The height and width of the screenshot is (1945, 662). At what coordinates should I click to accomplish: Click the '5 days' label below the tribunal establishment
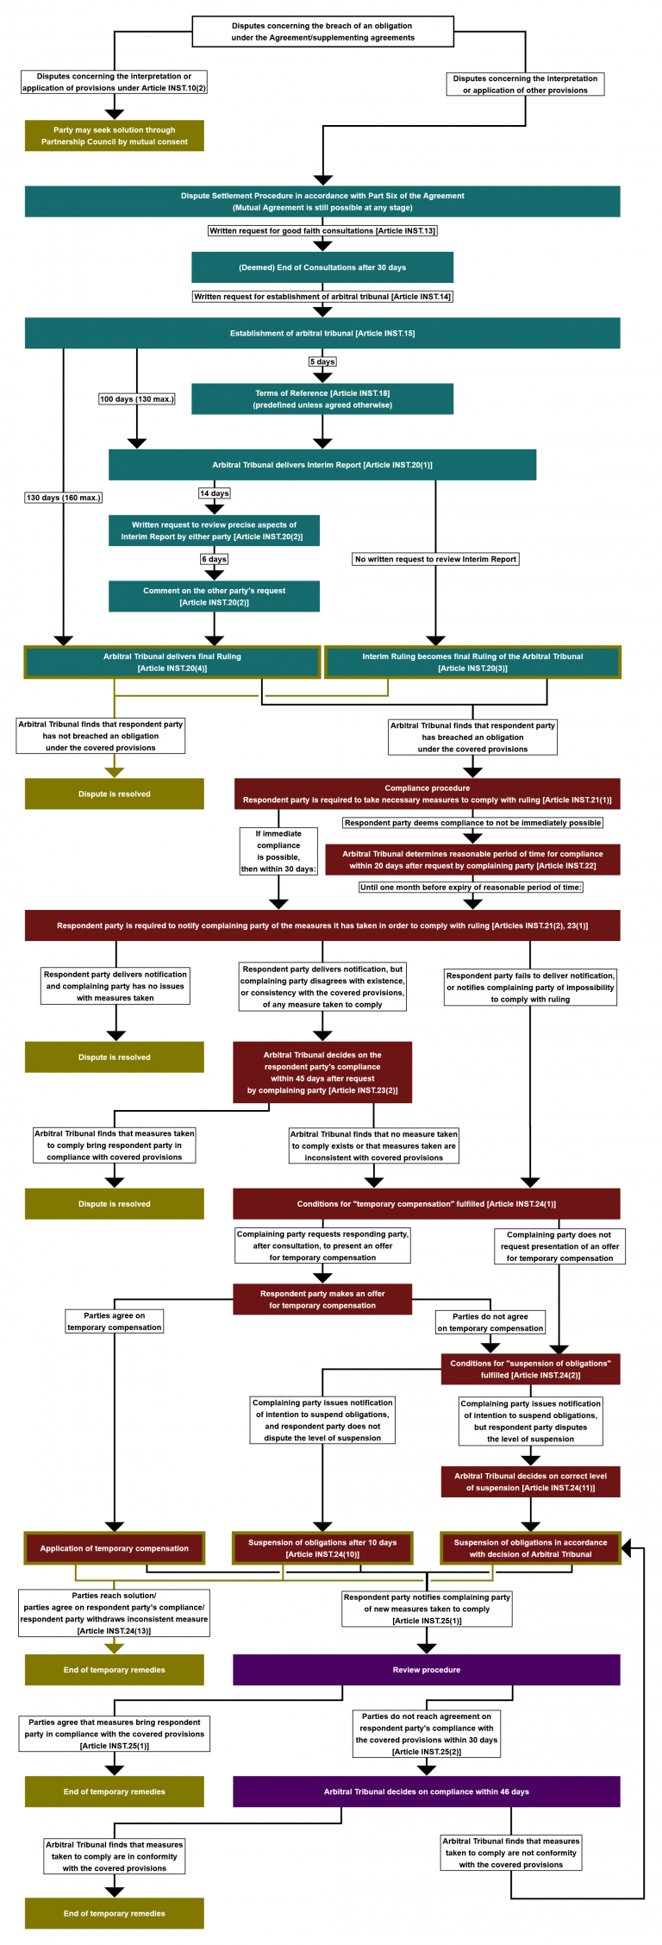322,361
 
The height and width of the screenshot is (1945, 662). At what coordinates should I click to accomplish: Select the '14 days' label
215,493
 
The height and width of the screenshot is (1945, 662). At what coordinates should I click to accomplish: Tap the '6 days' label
215,559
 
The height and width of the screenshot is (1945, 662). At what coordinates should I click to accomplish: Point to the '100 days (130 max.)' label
136,398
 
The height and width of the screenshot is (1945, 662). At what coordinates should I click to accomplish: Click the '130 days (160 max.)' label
63,498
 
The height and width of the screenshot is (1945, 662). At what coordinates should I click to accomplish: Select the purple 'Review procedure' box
426,1669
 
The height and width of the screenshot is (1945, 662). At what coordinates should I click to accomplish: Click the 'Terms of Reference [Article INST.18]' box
322,398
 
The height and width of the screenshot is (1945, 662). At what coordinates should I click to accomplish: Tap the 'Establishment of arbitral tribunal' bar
322,333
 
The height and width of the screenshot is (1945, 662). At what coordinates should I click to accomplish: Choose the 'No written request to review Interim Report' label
435,559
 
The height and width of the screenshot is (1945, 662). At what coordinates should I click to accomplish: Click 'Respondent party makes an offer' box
322,1299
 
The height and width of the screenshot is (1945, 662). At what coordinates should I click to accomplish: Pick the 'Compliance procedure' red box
427,794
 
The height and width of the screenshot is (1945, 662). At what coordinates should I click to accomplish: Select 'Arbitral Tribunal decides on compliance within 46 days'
426,1791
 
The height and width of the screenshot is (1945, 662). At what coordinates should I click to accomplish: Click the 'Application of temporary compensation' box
115,1547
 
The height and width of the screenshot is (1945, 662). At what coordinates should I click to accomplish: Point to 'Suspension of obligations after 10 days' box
322,1547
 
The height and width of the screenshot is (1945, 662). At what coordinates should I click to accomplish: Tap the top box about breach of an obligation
322,32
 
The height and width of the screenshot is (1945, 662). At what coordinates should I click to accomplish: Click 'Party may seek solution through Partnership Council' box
115,135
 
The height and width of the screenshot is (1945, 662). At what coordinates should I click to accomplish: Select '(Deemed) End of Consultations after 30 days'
322,267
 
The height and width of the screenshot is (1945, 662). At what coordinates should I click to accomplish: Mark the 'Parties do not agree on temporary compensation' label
490,1322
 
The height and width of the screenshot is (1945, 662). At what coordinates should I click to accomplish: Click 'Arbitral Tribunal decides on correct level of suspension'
530,1481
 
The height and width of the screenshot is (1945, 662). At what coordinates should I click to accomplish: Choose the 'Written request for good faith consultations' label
322,230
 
